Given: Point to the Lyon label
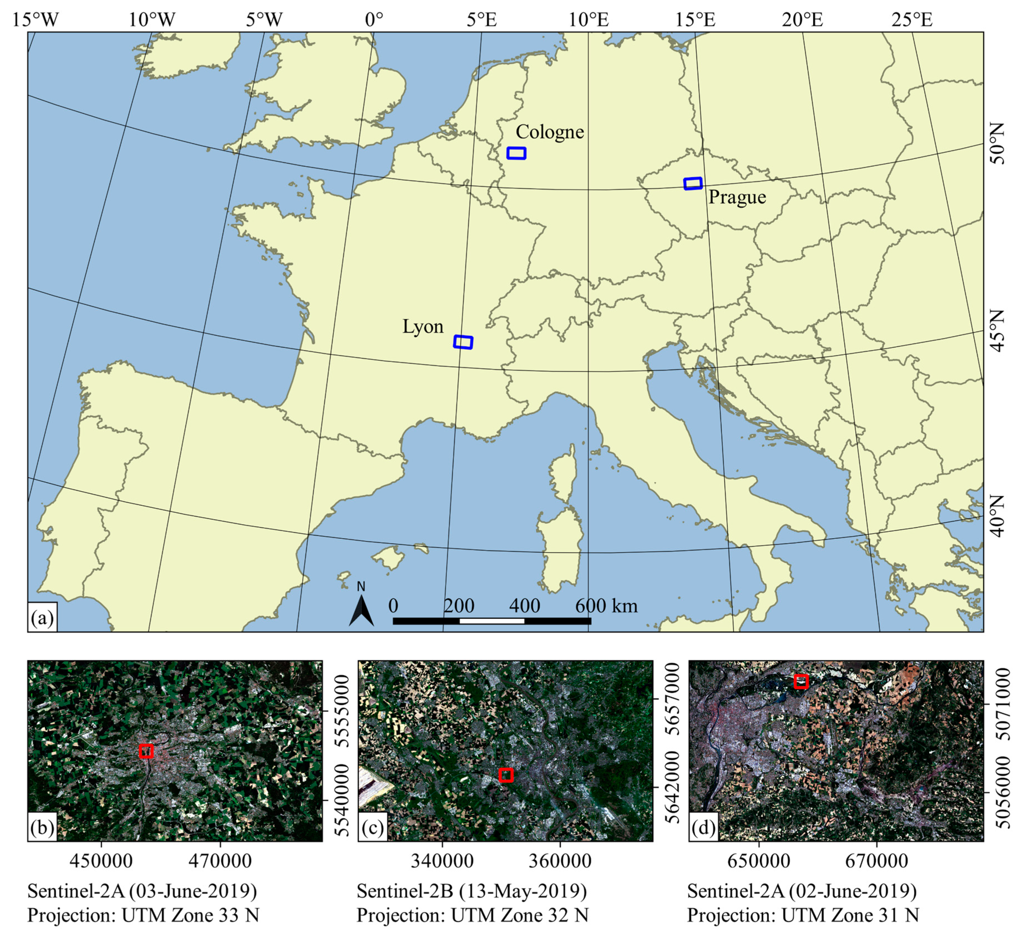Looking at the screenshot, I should click(x=423, y=327).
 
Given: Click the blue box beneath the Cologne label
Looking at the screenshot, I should click(x=516, y=153).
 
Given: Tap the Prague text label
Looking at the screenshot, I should click(x=737, y=197).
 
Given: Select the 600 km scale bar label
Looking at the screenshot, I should click(x=606, y=606).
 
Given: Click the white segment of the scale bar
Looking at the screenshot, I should click(x=491, y=621).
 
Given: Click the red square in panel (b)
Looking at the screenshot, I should click(x=146, y=751).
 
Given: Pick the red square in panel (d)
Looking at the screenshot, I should click(x=801, y=681).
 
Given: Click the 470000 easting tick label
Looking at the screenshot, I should click(x=220, y=861).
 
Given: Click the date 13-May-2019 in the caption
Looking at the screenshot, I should click(x=522, y=891).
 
